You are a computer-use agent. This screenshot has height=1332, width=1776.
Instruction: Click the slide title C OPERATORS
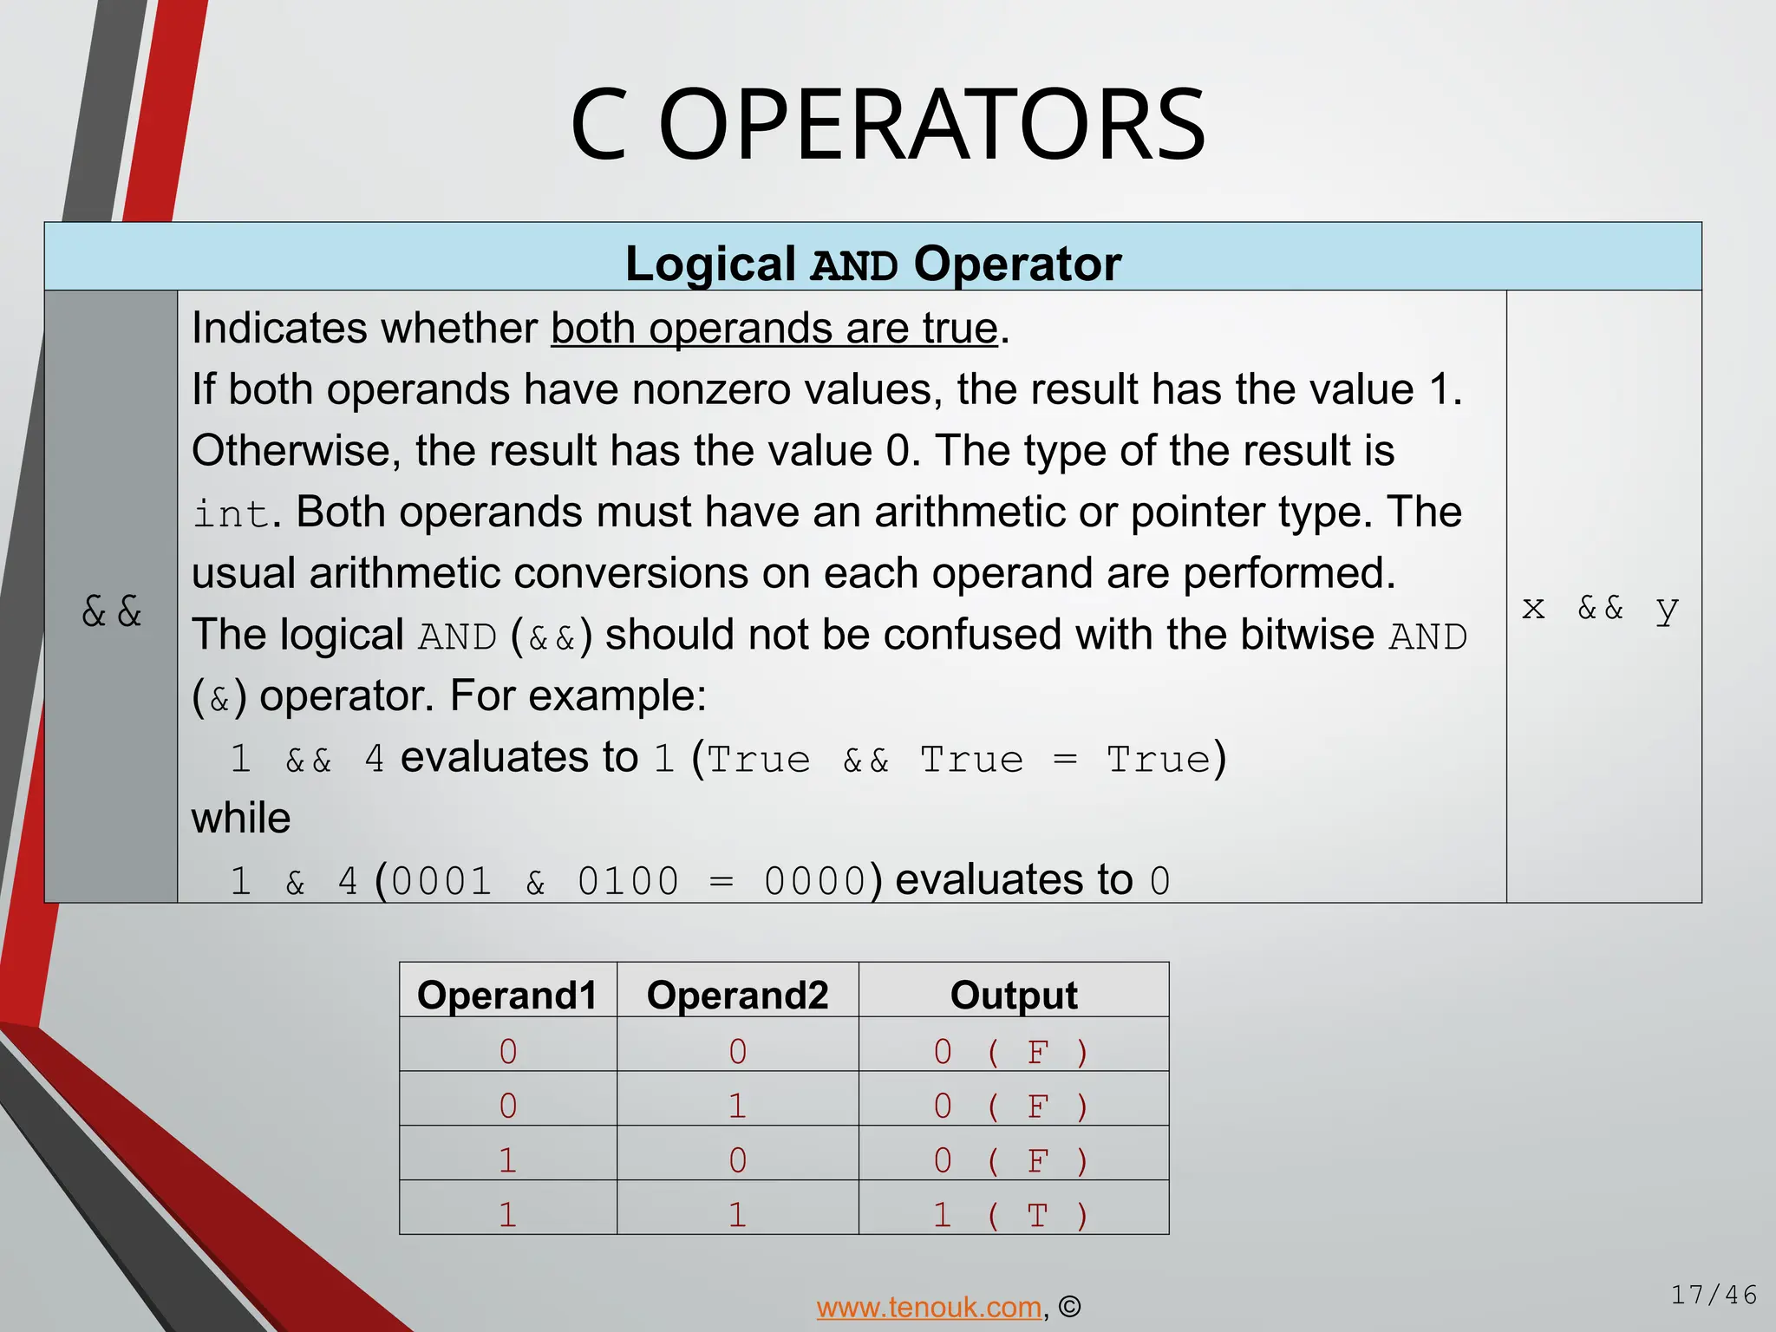coord(887,126)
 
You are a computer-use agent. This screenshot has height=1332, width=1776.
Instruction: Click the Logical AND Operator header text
coord(872,264)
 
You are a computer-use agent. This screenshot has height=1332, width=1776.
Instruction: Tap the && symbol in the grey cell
coord(111,611)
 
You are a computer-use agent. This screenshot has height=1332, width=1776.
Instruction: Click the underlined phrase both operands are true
coord(774,329)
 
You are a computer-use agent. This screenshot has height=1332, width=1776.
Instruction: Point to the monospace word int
coord(230,513)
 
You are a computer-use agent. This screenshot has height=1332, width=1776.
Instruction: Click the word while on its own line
coord(240,818)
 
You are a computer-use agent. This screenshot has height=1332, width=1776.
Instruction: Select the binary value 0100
coord(628,882)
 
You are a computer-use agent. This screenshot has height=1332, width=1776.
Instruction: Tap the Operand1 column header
coord(507,995)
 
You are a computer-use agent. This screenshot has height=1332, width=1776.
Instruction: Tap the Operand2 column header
coord(737,995)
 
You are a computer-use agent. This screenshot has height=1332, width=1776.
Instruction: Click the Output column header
coord(1013,995)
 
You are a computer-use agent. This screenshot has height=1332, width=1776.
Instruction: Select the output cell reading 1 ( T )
coord(1011,1215)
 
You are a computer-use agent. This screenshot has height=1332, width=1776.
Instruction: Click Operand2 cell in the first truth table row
coord(737,1052)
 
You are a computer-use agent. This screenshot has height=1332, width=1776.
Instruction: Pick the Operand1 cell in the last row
coord(507,1215)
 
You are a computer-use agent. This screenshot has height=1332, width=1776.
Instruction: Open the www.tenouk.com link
coord(928,1306)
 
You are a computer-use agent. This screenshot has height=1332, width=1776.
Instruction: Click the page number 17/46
coord(1714,1295)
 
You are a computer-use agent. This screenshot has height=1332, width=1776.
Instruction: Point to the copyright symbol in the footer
coord(1070,1306)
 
